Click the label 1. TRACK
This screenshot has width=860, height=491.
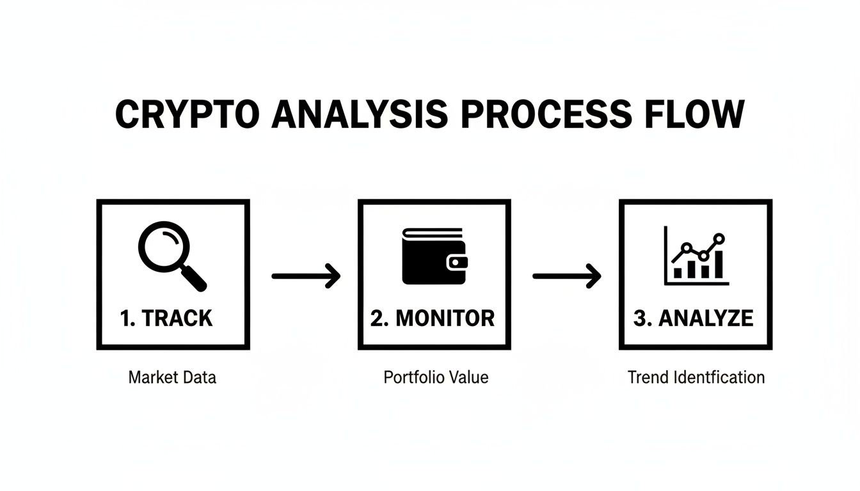click(x=166, y=318)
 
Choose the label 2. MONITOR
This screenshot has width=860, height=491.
click(x=433, y=318)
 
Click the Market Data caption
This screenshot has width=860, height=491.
click(x=172, y=377)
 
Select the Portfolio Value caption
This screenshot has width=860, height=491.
click(x=436, y=377)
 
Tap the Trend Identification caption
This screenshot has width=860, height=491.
click(x=696, y=377)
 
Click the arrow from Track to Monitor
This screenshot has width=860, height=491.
click(x=306, y=276)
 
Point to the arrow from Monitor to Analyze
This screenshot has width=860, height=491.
click(x=567, y=276)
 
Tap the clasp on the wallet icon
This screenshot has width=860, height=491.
click(x=458, y=261)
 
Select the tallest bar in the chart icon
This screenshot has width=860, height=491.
click(x=719, y=264)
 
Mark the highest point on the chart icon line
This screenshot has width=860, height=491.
click(x=719, y=238)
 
